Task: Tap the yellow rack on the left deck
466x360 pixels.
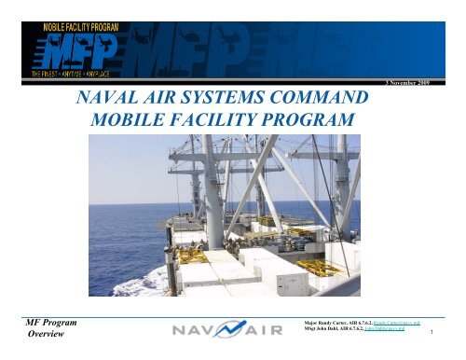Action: pyautogui.click(x=187, y=250)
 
